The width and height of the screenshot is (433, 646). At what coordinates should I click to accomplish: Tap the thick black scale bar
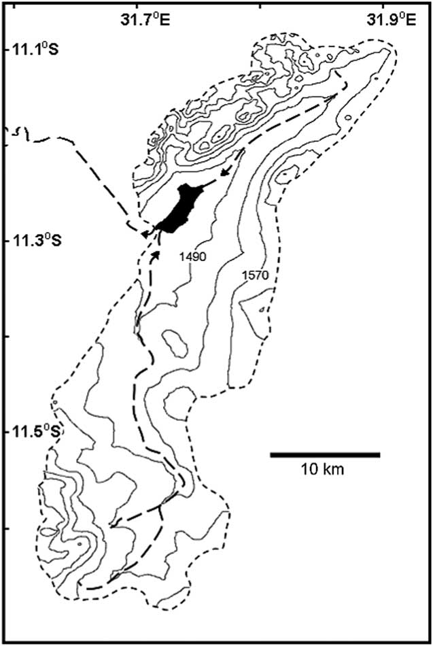point(324,454)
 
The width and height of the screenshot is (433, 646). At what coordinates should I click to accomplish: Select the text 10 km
point(324,469)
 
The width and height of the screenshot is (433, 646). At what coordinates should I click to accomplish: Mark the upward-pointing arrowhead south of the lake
point(158,253)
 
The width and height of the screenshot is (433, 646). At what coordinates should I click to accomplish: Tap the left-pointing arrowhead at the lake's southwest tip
point(145,234)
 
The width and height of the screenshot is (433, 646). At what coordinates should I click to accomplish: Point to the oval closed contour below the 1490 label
point(175,343)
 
